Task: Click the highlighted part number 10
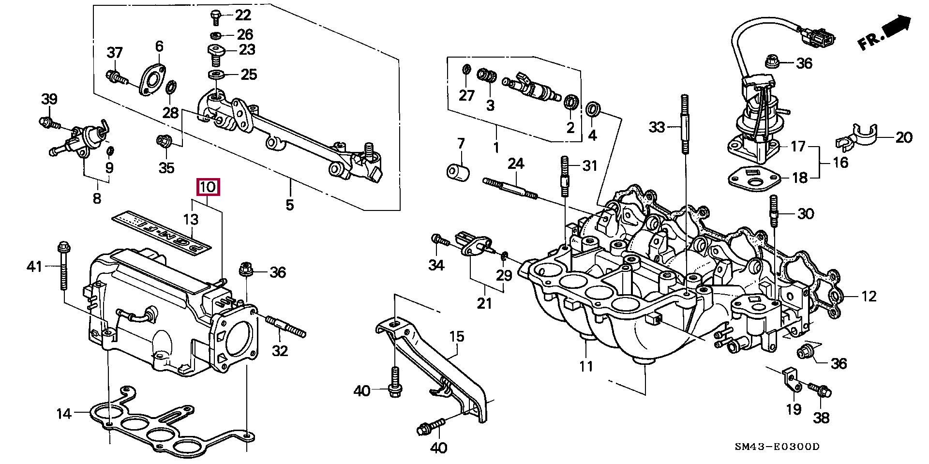(x=208, y=187)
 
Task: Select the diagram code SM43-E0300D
(x=777, y=447)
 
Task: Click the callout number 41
(x=34, y=266)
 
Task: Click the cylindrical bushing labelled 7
(x=458, y=172)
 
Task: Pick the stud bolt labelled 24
(x=510, y=189)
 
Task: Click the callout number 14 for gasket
(x=64, y=414)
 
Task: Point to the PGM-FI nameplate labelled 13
(x=162, y=231)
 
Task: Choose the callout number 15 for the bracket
(x=457, y=336)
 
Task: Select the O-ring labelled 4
(x=593, y=110)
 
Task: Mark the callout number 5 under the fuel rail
(x=289, y=205)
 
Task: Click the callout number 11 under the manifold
(x=586, y=366)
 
